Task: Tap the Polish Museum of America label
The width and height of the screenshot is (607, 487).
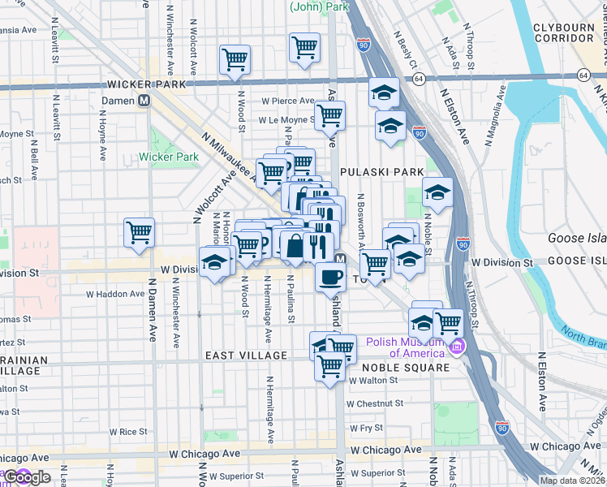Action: coord(406,347)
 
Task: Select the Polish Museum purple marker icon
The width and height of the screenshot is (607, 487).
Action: coord(457,347)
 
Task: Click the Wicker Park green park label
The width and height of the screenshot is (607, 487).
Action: coord(169,157)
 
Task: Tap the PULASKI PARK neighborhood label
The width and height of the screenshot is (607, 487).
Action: coord(381,172)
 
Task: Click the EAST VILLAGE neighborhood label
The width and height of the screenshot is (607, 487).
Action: coord(246,356)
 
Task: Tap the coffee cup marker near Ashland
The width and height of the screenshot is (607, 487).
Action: coord(330,277)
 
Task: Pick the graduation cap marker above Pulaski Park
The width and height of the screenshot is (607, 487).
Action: coord(384,93)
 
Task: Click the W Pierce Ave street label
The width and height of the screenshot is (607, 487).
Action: coord(286,101)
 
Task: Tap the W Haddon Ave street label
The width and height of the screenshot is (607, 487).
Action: coord(115,294)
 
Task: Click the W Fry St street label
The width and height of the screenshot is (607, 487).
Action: coord(366,427)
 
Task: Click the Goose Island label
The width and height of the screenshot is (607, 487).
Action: coord(576,239)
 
